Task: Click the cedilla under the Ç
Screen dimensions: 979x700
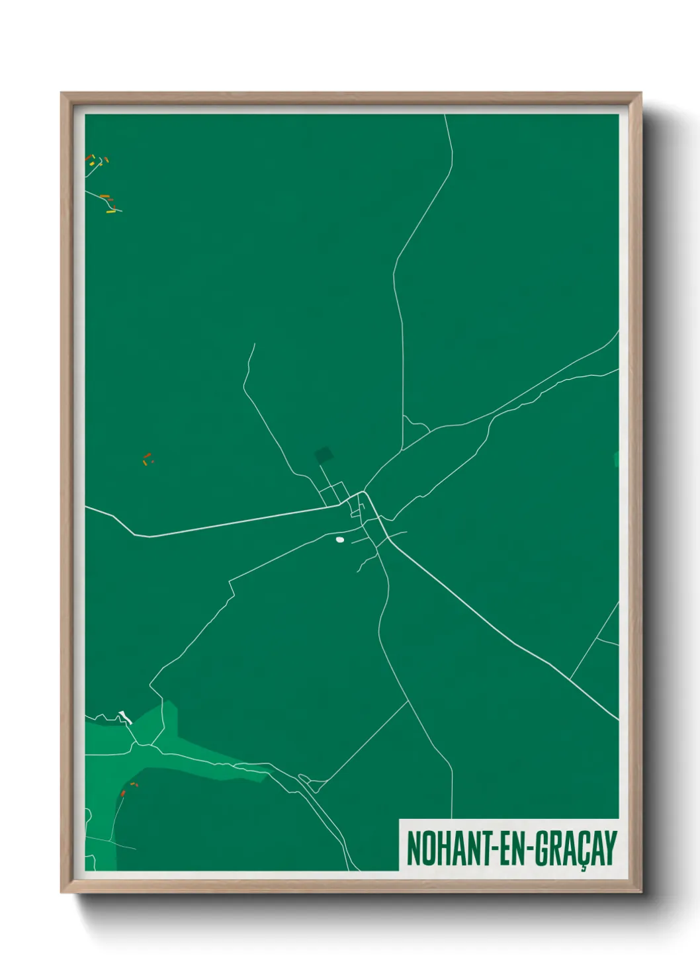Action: pyautogui.click(x=583, y=867)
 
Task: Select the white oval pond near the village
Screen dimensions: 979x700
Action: pyautogui.click(x=340, y=540)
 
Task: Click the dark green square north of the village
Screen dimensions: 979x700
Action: pyautogui.click(x=324, y=454)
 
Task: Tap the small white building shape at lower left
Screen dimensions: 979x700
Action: pyautogui.click(x=126, y=717)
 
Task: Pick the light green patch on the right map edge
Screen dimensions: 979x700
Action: pyautogui.click(x=616, y=458)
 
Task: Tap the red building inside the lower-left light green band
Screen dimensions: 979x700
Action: pyautogui.click(x=123, y=792)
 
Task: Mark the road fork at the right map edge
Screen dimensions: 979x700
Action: pyautogui.click(x=598, y=639)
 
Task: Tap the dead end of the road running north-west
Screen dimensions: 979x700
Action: pyautogui.click(x=255, y=343)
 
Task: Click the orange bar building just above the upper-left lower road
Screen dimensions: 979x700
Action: pyautogui.click(x=105, y=196)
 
